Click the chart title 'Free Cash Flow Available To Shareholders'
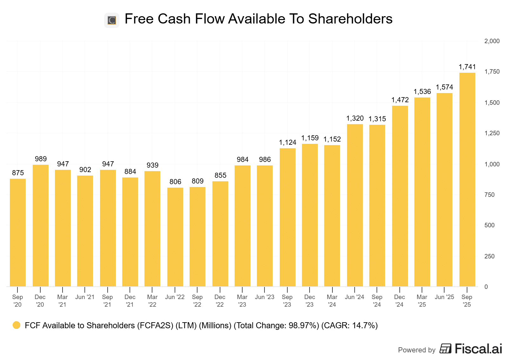pos(258,19)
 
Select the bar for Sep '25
pos(467,179)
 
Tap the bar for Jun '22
pos(175,237)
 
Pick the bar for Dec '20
pos(40,225)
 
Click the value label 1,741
pos(467,67)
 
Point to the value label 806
pos(175,182)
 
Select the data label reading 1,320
pos(355,118)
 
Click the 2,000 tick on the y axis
pos(492,41)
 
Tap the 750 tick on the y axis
pos(489,195)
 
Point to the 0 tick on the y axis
pos(486,287)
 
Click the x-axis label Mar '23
pos(242,301)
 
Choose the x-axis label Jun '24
pos(354,297)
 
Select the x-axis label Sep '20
pos(17,301)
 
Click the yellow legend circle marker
pos(17,325)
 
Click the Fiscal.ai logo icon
pos(445,349)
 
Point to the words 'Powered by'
pos(417,350)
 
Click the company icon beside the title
pos(112,20)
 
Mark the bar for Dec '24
pos(400,196)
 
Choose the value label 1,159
pos(310,138)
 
